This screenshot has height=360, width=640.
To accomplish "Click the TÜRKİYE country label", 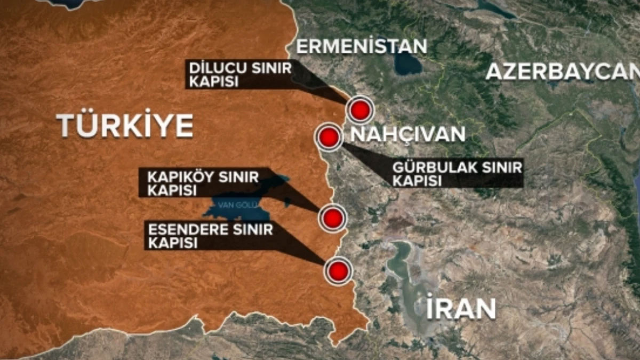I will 125,125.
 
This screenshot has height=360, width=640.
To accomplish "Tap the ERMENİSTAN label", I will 362,46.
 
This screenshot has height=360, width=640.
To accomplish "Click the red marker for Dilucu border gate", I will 360,110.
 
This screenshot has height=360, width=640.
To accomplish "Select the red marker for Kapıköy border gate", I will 332,218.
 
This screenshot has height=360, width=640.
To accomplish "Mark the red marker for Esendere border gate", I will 338,271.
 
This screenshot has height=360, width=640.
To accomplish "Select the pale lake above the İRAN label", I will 405,267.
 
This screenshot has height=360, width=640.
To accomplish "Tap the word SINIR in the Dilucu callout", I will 274,69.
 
